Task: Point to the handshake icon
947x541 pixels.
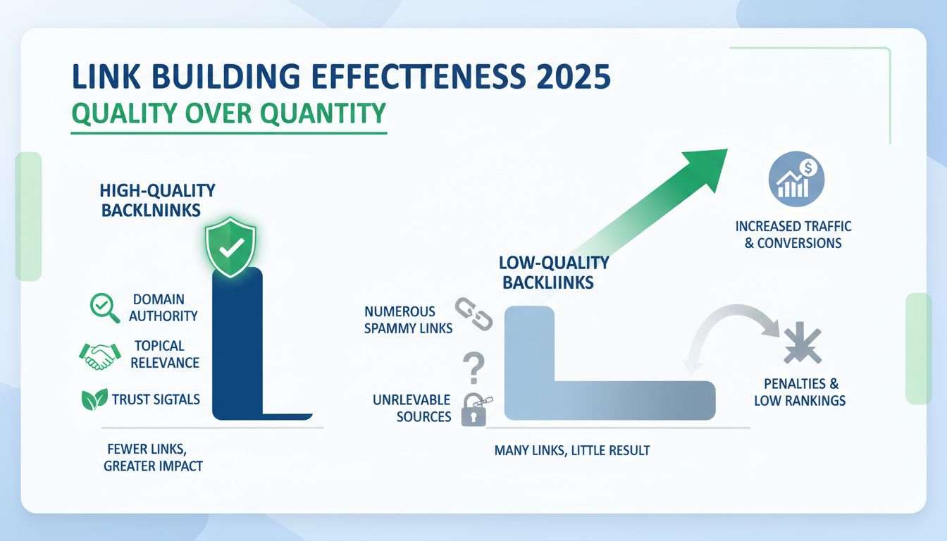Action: pyautogui.click(x=96, y=356)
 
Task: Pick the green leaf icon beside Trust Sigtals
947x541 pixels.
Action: pyautogui.click(x=94, y=399)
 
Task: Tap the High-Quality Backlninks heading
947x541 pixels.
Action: pyautogui.click(x=157, y=199)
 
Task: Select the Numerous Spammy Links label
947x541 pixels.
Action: pyautogui.click(x=409, y=319)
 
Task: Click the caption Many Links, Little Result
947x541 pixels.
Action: pyautogui.click(x=571, y=450)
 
